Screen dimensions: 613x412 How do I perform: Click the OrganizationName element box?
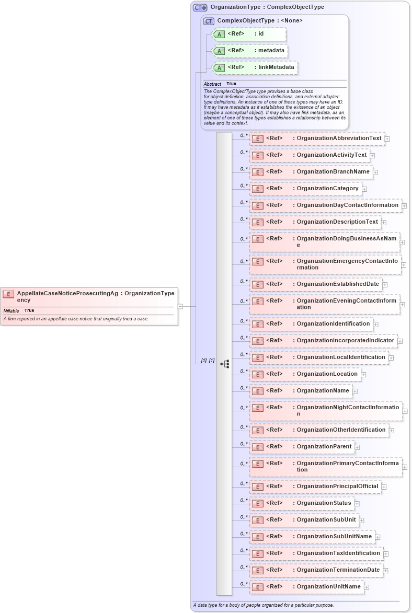pyautogui.click(x=300, y=390)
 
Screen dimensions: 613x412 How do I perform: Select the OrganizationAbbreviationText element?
pyautogui.click(x=317, y=138)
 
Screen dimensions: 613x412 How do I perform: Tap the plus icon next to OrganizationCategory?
pyautogui.click(x=364, y=189)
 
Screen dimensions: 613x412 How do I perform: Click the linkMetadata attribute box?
pyautogui.click(x=255, y=67)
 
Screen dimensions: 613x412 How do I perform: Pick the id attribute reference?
pyautogui.click(x=249, y=34)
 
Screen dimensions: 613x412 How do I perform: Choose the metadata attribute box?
pyautogui.click(x=250, y=51)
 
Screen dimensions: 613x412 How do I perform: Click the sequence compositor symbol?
pyautogui.click(x=225, y=364)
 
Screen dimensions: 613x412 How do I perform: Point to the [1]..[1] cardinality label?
pyautogui.click(x=208, y=361)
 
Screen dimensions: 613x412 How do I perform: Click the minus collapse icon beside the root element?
pyautogui.click(x=180, y=306)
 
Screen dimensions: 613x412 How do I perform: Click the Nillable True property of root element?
pyautogui.click(x=19, y=310)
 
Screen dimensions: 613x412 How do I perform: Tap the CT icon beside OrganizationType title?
pyautogui.click(x=200, y=7)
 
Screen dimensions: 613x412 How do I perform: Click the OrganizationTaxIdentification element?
pyautogui.click(x=316, y=553)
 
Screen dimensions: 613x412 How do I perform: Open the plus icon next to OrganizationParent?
pyautogui.click(x=358, y=447)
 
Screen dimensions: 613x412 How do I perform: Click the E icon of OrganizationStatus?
pyautogui.click(x=257, y=503)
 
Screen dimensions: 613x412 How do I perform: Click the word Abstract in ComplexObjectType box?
pyautogui.click(x=212, y=84)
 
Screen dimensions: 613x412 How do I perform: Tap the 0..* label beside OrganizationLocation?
pyautogui.click(x=244, y=371)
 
